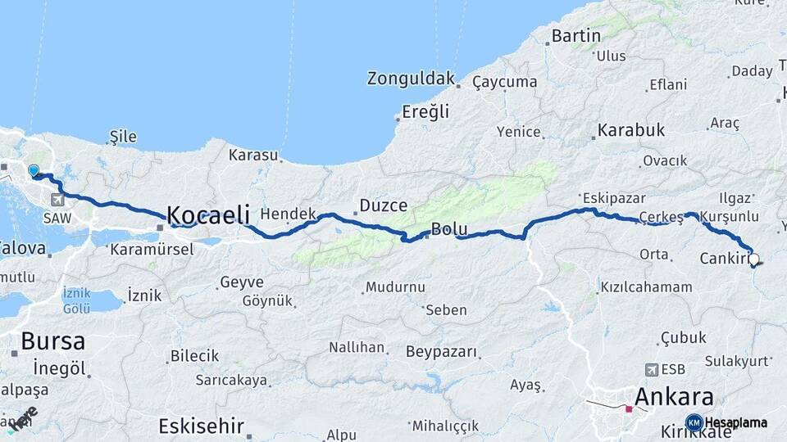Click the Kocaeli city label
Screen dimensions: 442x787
point(208,215)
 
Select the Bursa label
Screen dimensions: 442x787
point(52,341)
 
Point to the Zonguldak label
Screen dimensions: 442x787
point(411,79)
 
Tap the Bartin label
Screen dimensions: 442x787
point(576,36)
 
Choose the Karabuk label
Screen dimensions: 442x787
point(630,129)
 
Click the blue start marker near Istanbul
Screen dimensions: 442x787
point(34,171)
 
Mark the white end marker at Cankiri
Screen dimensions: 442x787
point(754,259)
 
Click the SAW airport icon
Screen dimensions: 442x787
point(57,199)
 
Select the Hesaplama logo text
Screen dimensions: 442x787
point(735,422)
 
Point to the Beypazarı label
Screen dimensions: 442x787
point(441,352)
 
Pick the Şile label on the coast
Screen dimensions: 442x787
point(123,137)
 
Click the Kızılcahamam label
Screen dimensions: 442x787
point(647,287)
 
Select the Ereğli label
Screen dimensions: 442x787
point(425,112)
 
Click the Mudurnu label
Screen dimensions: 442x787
point(395,287)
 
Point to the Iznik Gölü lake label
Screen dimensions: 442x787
point(76,300)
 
